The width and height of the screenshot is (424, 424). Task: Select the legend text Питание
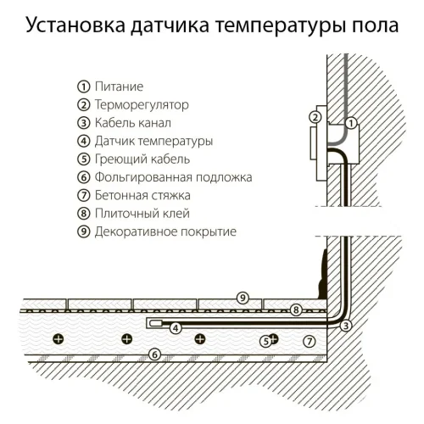coord(119,86)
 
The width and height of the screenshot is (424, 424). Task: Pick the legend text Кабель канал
coord(131,123)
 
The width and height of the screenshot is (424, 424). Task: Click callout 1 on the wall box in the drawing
coord(351,123)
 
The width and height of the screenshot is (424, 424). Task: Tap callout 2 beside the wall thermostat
coord(315,117)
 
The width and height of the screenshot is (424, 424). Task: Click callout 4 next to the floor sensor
coord(176,327)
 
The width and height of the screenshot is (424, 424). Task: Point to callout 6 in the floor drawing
coord(153,354)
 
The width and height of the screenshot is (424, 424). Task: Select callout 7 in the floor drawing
coord(309,341)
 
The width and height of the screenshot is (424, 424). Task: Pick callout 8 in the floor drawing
coord(295,310)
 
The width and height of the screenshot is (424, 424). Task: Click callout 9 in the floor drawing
coord(243,297)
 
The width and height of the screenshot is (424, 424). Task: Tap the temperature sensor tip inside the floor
coord(156,323)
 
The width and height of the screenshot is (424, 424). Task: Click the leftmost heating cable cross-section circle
coord(58,339)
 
